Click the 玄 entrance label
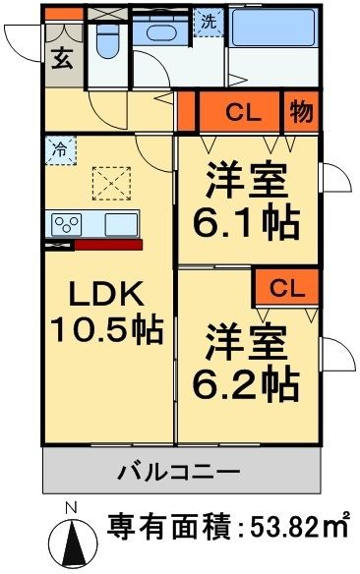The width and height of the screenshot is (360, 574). pos(61,58)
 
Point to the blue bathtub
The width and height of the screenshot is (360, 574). pos(273,29)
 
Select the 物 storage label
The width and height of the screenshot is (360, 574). pos(301,112)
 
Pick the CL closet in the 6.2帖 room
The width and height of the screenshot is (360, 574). pos(283,288)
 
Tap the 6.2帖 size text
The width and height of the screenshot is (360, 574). pos(251,386)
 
